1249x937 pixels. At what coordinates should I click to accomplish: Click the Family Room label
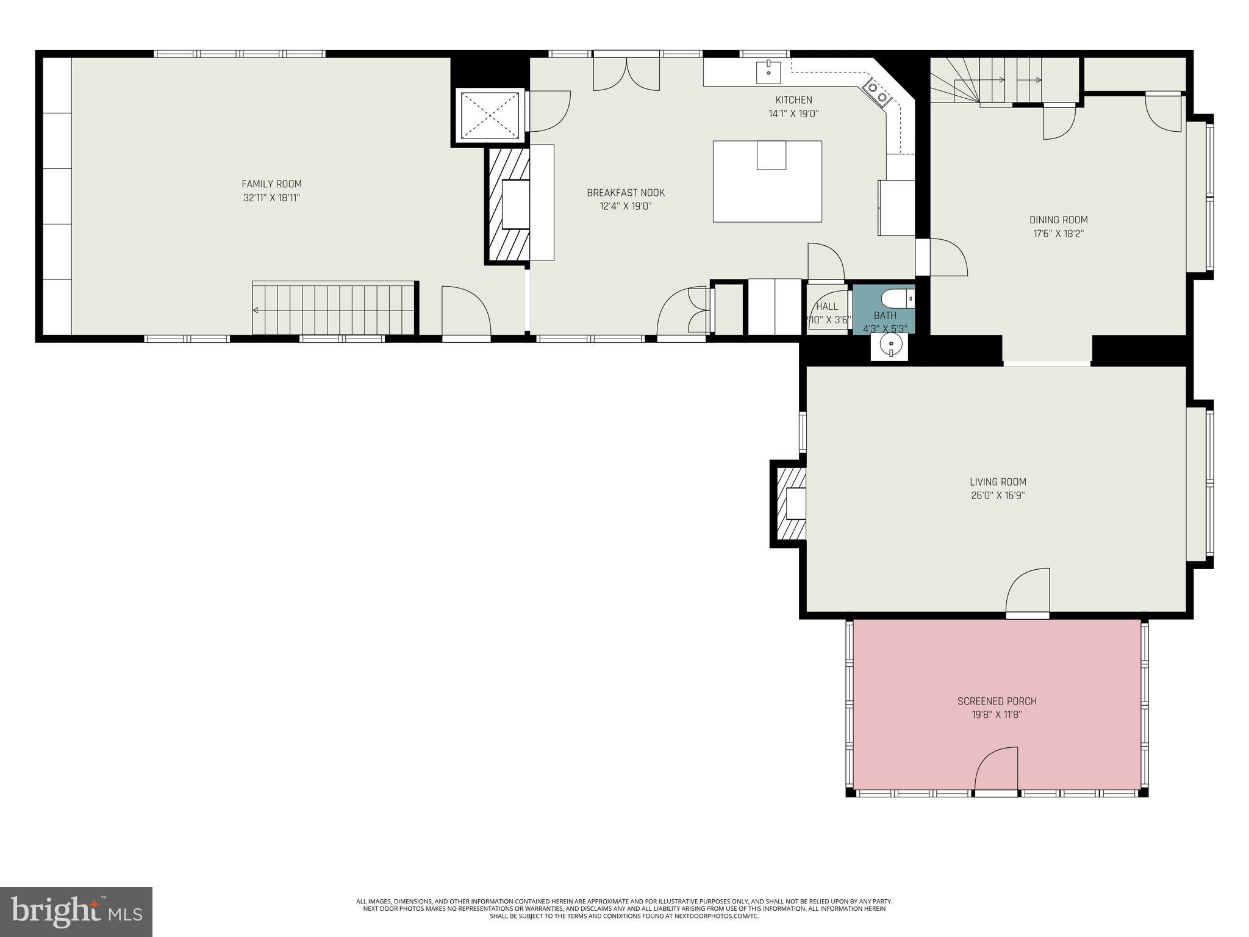click(271, 184)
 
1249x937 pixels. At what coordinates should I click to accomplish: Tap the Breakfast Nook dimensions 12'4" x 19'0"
click(626, 206)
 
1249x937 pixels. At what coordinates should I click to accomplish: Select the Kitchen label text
click(793, 100)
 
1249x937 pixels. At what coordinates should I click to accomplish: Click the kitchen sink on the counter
click(768, 72)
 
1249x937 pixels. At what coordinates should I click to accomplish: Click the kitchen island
click(767, 181)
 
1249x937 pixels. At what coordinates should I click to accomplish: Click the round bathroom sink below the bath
click(889, 348)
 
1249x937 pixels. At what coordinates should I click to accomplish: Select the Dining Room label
click(1058, 220)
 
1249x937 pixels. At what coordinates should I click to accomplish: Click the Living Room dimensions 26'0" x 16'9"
click(998, 495)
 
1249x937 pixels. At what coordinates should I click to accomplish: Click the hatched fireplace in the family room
click(507, 206)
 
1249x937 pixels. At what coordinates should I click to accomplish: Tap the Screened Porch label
click(997, 701)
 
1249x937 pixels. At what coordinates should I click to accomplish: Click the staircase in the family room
click(334, 309)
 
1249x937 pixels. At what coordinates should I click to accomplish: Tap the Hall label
click(827, 307)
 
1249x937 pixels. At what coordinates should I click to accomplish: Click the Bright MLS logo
click(76, 911)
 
